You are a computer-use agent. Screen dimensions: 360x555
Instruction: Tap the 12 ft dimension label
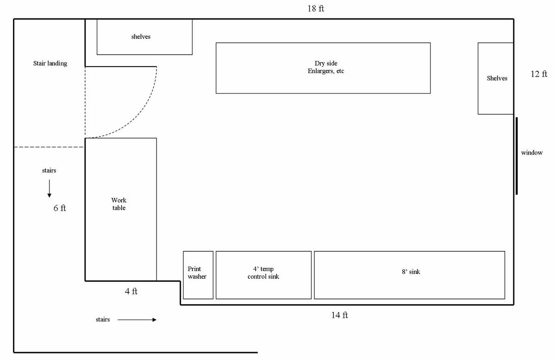click(539, 74)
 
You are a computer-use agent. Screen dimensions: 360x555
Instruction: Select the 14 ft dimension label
click(339, 315)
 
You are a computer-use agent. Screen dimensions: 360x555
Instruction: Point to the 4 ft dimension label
click(131, 292)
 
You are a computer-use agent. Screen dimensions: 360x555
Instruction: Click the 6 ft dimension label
click(60, 208)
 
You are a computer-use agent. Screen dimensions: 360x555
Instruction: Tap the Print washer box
click(198, 275)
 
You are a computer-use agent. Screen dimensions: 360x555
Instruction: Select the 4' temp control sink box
click(264, 275)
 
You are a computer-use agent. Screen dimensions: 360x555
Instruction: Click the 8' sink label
click(411, 272)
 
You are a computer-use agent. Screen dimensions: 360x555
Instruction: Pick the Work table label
click(119, 204)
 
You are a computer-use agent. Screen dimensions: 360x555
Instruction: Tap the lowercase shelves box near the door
click(144, 37)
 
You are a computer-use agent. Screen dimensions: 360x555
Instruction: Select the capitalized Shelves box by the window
click(496, 79)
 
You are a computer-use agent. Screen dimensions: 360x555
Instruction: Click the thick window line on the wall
click(517, 156)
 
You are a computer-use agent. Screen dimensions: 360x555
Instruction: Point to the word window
click(532, 153)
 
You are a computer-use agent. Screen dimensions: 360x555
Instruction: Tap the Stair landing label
click(50, 63)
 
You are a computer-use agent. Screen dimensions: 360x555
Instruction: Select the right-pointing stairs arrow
click(137, 320)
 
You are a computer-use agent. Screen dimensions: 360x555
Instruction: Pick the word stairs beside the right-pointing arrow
click(103, 320)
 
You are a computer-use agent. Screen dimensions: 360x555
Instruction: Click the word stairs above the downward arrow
click(49, 171)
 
